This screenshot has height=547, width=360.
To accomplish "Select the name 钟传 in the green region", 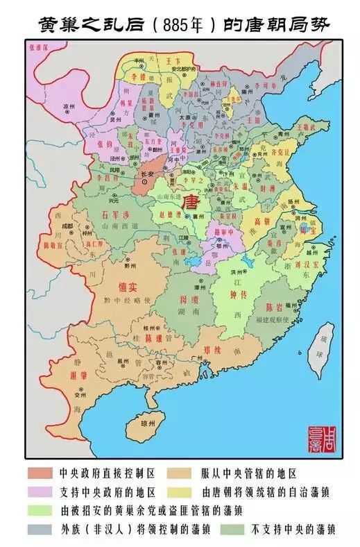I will (238, 294).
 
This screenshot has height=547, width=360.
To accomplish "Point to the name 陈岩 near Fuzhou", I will (273, 307).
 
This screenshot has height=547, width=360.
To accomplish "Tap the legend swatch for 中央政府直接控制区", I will (40, 474).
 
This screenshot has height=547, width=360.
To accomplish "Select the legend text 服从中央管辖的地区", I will (249, 474).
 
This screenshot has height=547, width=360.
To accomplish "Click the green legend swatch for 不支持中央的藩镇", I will (230, 529).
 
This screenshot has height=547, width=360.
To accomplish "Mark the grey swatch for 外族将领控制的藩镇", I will (40, 529).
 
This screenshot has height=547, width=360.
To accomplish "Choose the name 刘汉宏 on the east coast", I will (300, 264).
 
